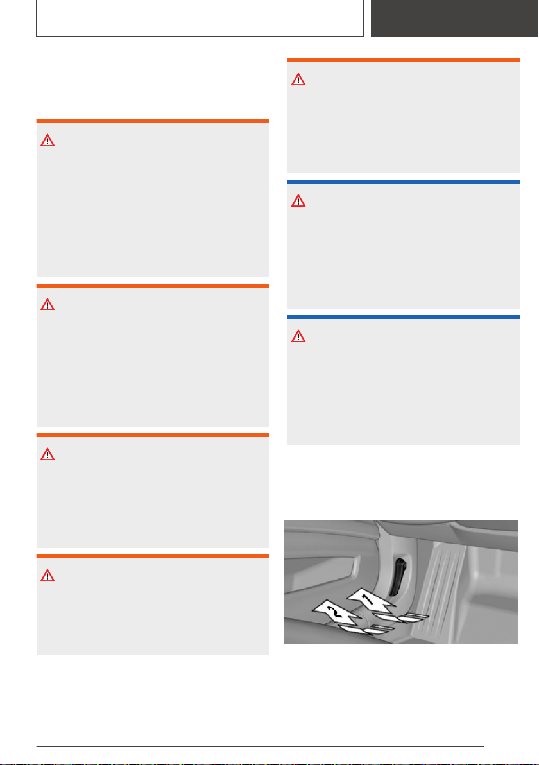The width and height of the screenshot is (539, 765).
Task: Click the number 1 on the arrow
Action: click(368, 598)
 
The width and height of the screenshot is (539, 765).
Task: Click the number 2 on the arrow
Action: click(334, 611)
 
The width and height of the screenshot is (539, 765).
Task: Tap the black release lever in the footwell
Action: click(398, 578)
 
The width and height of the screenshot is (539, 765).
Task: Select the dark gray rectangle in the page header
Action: click(454, 18)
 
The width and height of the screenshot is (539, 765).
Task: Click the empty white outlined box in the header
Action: click(200, 18)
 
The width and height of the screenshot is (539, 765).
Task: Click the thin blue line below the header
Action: click(153, 82)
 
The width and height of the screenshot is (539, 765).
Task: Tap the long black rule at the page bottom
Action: click(260, 746)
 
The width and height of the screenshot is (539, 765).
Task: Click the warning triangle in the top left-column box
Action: click(47, 141)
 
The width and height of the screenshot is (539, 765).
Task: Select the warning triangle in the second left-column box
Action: click(47, 305)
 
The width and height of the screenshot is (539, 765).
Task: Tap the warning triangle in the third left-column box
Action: click(47, 455)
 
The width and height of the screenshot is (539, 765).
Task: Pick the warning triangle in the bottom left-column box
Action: click(47, 576)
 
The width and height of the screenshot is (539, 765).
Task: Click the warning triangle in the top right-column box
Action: click(298, 80)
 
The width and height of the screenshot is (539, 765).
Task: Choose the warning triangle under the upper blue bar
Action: click(298, 201)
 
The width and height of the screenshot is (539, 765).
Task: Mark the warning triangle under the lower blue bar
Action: click(298, 337)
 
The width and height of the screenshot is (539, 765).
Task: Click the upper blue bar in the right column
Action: click(404, 182)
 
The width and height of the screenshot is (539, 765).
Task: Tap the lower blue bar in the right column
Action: click(404, 317)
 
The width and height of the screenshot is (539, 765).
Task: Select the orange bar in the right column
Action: click(404, 60)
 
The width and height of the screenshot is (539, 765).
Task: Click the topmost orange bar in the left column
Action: click(153, 121)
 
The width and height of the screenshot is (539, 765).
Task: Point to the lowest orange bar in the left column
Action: click(153, 556)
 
